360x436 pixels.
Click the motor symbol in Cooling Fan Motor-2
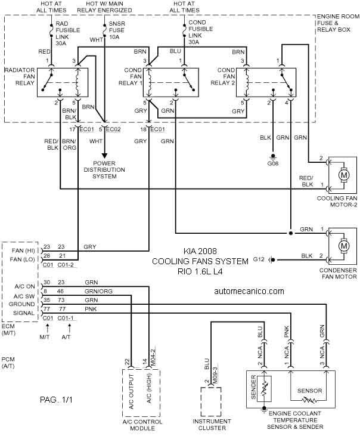pyautogui.click(x=344, y=175)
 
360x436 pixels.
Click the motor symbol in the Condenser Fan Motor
pyautogui.click(x=344, y=246)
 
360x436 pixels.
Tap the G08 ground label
pyautogui.click(x=273, y=163)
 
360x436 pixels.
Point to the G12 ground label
pyautogui.click(x=259, y=259)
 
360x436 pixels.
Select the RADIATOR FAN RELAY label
pyautogui.click(x=20, y=76)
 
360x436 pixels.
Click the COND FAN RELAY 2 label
pyautogui.click(x=223, y=76)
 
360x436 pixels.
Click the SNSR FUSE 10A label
pyautogui.click(x=117, y=30)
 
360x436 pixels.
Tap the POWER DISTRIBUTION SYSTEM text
pyautogui.click(x=104, y=169)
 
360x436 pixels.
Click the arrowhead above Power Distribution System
pyautogui.click(x=104, y=155)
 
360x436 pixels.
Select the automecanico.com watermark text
pyautogui.click(x=249, y=291)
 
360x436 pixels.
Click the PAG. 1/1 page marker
pyautogui.click(x=56, y=400)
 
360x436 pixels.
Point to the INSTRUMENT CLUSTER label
pyautogui.click(x=212, y=425)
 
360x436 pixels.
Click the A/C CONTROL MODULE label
pyautogui.click(x=142, y=425)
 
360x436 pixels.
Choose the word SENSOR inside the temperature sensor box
pyautogui.click(x=310, y=391)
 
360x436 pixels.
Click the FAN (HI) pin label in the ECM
pyautogui.click(x=23, y=251)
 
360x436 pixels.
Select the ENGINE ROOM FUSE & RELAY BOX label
pyautogui.click(x=338, y=23)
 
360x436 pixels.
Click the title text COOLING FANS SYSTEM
pyautogui.click(x=200, y=261)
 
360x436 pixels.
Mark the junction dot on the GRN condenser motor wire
pyautogui.click(x=290, y=233)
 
